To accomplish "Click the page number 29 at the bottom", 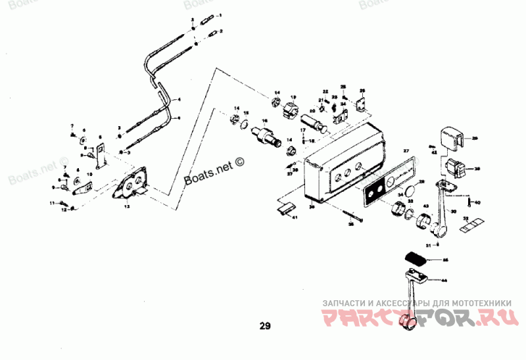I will coord(264,325).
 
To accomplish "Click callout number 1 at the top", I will coord(220,14).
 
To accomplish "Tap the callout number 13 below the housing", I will coord(127,206).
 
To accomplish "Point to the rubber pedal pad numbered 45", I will coord(416,258).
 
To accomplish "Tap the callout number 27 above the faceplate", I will coord(406,152).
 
